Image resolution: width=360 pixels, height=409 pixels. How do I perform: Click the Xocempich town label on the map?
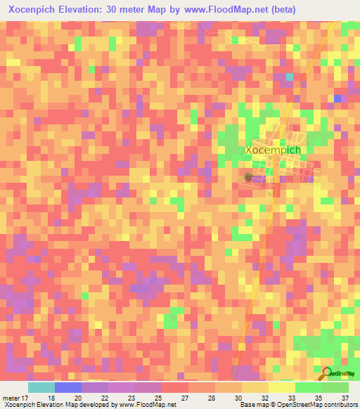(x=274, y=150)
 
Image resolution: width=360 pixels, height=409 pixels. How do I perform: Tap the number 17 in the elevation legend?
(x=26, y=398)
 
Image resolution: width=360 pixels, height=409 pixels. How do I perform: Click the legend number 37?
(x=344, y=398)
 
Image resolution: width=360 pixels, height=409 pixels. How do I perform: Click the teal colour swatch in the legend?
(x=41, y=387)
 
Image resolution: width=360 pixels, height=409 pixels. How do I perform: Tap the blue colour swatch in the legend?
(x=68, y=387)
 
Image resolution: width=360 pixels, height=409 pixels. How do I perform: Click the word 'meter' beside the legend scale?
(x=10, y=398)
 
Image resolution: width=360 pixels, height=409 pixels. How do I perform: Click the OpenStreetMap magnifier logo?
(x=327, y=373)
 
